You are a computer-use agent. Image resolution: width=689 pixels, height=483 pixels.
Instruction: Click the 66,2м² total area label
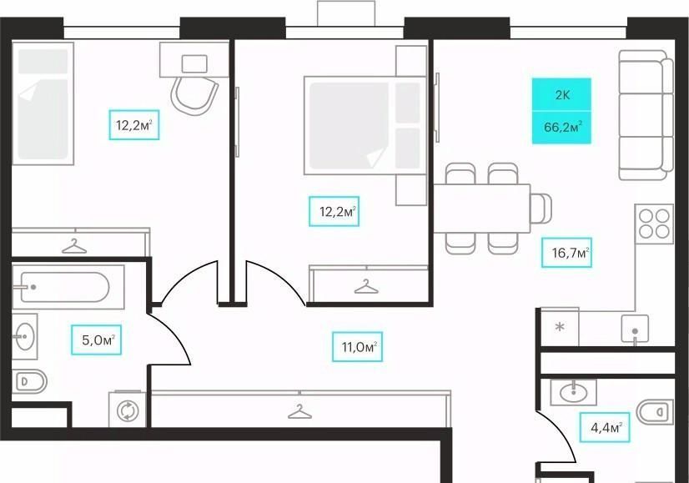[x=562, y=128]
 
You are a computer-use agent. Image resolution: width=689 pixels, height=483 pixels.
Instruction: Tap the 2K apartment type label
[x=562, y=95]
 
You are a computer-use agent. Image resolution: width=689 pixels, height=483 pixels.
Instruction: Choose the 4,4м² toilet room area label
[x=605, y=427]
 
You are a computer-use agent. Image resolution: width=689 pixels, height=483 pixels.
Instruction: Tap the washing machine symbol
[x=128, y=410]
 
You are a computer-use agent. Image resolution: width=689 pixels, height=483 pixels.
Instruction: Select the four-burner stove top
[x=654, y=224]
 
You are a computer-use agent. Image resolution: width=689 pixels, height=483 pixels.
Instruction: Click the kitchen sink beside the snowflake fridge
[x=635, y=330]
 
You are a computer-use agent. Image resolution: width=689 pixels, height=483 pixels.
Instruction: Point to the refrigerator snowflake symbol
[x=560, y=327]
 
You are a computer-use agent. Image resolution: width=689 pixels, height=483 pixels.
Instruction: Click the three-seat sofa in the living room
[x=646, y=115]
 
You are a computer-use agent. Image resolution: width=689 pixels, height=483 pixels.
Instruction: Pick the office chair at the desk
[x=194, y=95]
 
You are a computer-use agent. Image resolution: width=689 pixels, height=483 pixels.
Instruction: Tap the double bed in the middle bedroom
[x=365, y=126]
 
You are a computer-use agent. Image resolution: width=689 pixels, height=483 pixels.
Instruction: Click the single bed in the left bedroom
[x=43, y=103]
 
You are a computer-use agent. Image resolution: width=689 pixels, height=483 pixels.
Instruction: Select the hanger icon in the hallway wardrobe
[x=299, y=411]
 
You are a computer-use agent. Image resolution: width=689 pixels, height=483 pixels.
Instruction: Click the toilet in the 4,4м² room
[x=655, y=412]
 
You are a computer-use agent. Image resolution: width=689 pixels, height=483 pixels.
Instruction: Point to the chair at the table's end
[x=541, y=209]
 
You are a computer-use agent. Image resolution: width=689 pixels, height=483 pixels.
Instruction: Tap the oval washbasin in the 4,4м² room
[x=573, y=391]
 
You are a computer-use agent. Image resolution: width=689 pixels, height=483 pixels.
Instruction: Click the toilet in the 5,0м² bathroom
[x=28, y=381]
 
